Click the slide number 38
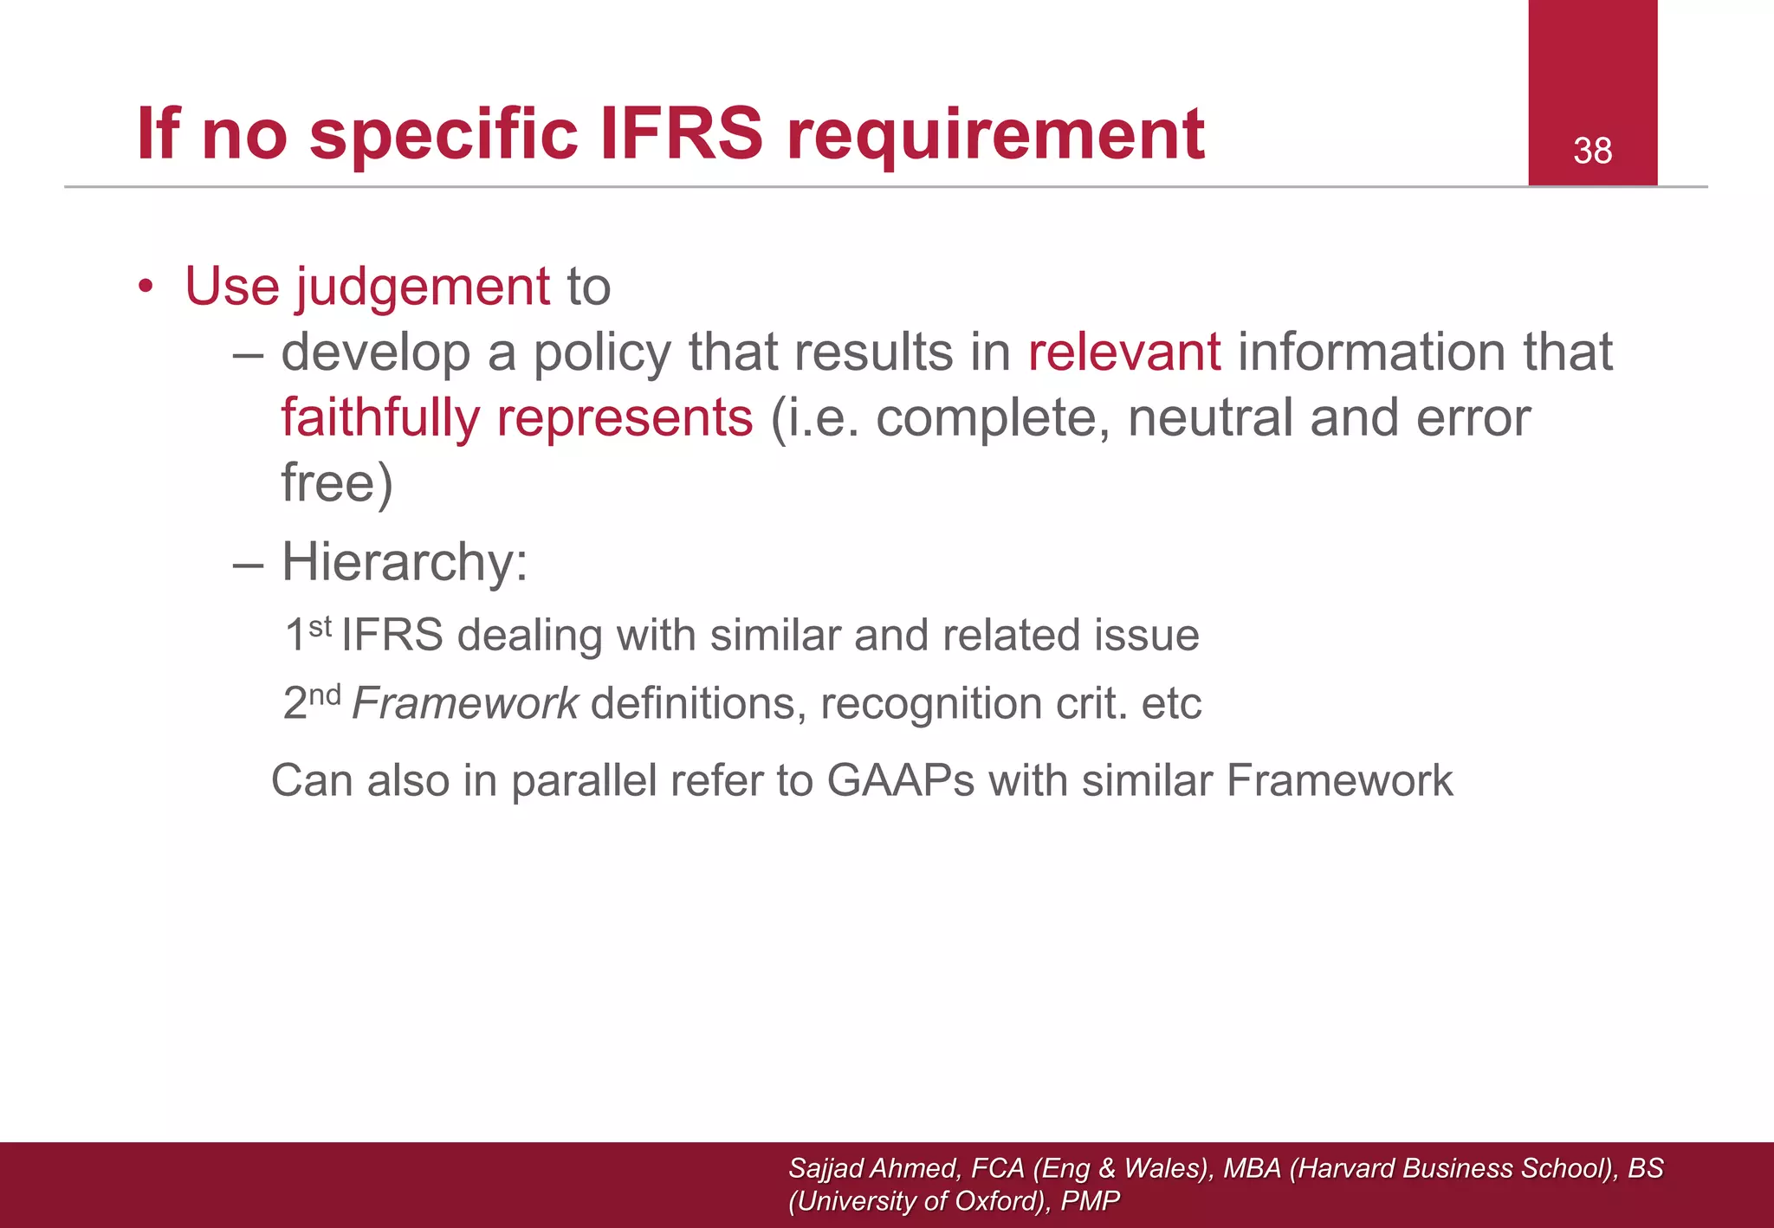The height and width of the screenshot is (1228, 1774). (x=1592, y=152)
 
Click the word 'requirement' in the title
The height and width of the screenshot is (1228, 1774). (x=995, y=135)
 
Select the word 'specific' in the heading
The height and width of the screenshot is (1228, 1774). (x=443, y=135)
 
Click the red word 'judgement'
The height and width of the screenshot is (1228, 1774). (x=423, y=287)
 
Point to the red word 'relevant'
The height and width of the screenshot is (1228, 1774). (x=1124, y=352)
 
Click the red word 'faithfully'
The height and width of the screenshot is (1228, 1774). (x=380, y=418)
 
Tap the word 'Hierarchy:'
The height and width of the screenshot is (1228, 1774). (x=405, y=563)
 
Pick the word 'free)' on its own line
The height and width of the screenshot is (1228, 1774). (x=337, y=483)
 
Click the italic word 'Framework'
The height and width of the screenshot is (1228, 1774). (x=465, y=703)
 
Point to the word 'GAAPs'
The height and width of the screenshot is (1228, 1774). (x=901, y=780)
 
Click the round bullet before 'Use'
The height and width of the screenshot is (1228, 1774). (x=146, y=287)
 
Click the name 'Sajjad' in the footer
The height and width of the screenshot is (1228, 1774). (x=826, y=1169)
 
